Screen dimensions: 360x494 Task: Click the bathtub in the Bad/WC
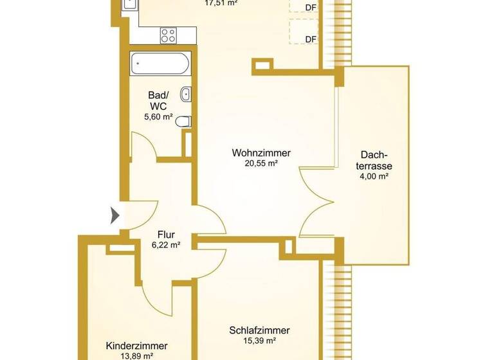(160, 64)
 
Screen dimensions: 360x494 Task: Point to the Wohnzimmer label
(261, 154)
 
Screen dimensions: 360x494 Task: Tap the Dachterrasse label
(374, 159)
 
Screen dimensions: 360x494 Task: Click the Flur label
(167, 235)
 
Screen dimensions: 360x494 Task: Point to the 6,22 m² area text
(165, 245)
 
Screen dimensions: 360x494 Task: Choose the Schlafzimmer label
(259, 330)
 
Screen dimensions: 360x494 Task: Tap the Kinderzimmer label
(136, 345)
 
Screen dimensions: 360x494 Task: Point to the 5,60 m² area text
(158, 117)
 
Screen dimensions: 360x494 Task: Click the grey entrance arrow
(115, 215)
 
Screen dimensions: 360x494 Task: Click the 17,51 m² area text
(221, 3)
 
